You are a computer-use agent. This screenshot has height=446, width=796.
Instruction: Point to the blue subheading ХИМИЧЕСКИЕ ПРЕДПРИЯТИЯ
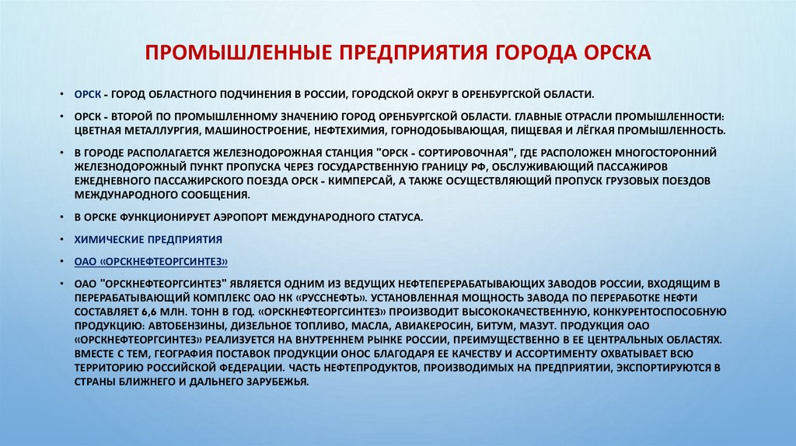148,239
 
